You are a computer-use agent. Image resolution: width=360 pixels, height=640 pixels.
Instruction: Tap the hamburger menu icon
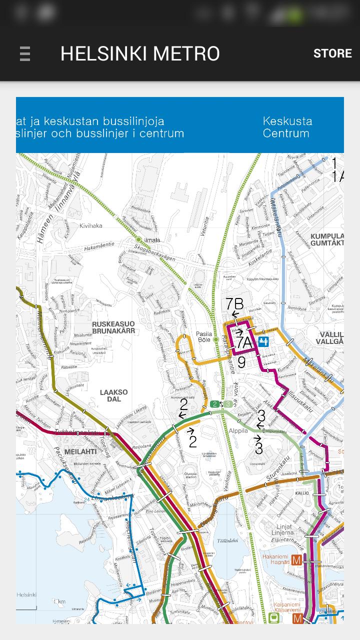[x=25, y=53]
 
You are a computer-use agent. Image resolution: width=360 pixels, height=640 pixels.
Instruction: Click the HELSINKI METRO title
[x=140, y=53]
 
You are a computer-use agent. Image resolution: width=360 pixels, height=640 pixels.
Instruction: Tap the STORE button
[x=332, y=53]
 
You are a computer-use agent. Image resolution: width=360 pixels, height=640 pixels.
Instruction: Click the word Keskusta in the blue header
[x=287, y=121]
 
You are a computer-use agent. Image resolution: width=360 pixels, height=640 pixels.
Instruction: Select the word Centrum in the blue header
[x=286, y=133]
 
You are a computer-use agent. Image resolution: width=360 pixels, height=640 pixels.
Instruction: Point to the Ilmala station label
[x=152, y=240]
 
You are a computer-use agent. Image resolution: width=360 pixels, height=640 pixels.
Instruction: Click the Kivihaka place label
[x=90, y=225]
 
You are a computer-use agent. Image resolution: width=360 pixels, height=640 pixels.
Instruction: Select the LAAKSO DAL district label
[x=113, y=396]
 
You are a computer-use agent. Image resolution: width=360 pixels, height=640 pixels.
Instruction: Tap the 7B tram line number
[x=234, y=303]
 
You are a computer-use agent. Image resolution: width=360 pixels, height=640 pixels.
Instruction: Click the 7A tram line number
[x=244, y=342]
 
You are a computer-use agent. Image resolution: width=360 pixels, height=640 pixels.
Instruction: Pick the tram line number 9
[x=241, y=362]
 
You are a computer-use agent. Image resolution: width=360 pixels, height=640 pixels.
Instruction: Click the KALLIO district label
[x=302, y=493]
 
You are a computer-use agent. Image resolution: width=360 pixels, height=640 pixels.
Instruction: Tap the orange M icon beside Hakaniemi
[x=297, y=560]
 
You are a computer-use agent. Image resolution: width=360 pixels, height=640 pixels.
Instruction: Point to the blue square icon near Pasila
[x=263, y=341]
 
